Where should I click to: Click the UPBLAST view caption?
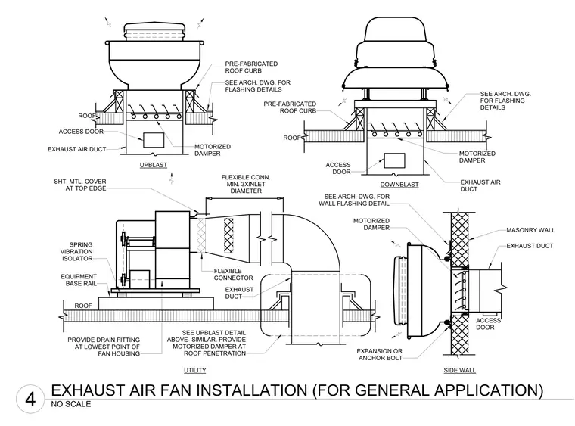[x=154, y=166]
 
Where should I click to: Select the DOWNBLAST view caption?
[x=399, y=185]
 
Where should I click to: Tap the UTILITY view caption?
[x=194, y=371]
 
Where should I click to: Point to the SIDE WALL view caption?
[x=459, y=371]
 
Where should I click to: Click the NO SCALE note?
[x=71, y=404]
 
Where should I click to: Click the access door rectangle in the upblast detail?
[x=154, y=140]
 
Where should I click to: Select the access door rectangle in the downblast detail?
[x=394, y=160]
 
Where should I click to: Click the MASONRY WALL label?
[x=530, y=230]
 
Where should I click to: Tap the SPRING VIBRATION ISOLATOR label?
[x=77, y=251]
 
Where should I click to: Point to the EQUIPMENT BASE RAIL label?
[x=79, y=280]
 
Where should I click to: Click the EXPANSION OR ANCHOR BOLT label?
[x=380, y=355]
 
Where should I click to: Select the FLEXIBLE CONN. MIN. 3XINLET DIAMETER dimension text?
[x=246, y=184]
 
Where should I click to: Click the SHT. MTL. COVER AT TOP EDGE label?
[x=80, y=185]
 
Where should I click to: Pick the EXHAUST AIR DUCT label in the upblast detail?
[x=76, y=149]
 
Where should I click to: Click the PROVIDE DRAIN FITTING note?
[x=104, y=347]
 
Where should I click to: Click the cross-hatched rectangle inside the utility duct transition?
[x=228, y=235]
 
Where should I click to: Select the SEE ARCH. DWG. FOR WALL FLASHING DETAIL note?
[x=354, y=201]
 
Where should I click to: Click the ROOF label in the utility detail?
[x=83, y=306]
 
